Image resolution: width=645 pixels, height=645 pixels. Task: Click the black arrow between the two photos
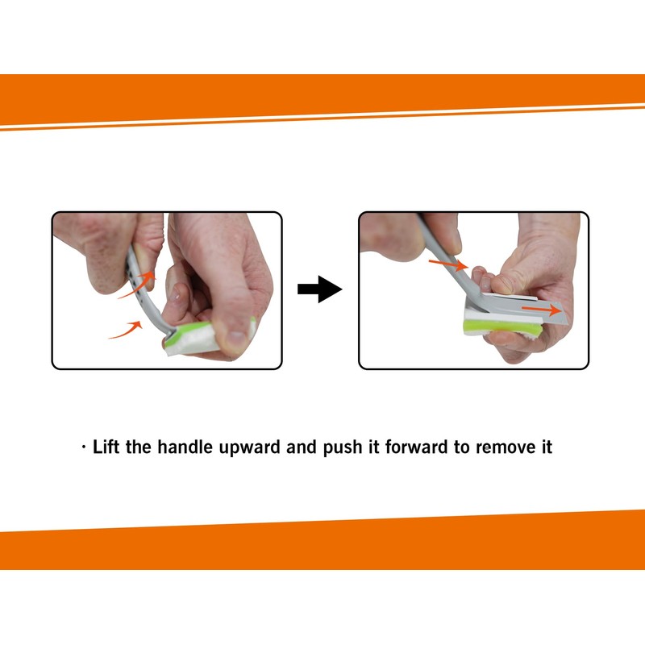[319, 289]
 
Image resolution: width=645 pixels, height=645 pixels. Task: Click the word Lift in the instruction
[106, 447]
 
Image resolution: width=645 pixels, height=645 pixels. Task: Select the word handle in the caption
[185, 447]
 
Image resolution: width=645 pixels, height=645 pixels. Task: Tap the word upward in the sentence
[249, 448]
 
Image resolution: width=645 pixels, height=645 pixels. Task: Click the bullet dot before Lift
[84, 447]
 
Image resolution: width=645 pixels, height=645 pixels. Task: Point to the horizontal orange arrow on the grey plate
[541, 309]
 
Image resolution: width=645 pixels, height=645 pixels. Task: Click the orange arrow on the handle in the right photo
[448, 264]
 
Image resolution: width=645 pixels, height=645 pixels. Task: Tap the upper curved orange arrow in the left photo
[137, 284]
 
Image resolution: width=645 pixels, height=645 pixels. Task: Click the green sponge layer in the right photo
[501, 327]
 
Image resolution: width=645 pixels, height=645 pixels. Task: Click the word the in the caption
[138, 447]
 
